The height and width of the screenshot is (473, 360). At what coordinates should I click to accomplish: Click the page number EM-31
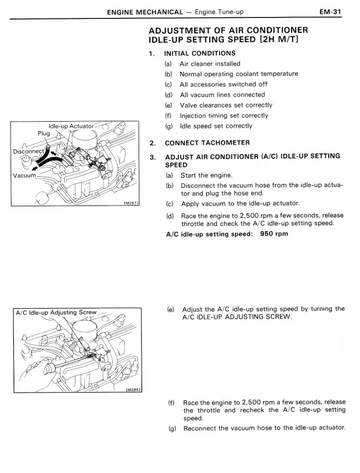pos(330,12)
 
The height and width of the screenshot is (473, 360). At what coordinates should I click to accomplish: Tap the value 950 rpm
pos(274,234)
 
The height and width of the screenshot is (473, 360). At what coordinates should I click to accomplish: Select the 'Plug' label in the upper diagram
pos(44,133)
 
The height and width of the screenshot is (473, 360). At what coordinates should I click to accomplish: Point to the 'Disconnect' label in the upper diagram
pos(28,151)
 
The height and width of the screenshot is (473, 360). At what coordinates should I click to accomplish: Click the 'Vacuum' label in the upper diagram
pos(24,175)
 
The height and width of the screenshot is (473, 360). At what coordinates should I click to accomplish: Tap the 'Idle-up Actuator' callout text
pos(71,126)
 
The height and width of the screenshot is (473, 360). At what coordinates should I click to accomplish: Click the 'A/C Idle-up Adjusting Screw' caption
pos(56,313)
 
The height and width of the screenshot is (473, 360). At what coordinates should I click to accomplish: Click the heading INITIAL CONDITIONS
pos(200,53)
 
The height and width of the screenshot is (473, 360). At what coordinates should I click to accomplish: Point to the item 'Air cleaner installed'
pos(210,64)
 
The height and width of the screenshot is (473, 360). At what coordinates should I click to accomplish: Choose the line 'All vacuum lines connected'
pos(222,95)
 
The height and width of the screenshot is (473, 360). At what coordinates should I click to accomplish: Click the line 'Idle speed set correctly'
pos(216,126)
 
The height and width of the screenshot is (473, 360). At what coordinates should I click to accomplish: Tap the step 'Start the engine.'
pos(206,175)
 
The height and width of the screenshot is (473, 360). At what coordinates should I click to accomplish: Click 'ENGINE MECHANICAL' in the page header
pos(145,12)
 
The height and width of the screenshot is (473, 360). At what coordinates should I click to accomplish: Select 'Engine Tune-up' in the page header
pos(219,12)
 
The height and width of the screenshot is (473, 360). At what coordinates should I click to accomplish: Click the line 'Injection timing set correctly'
pos(224,116)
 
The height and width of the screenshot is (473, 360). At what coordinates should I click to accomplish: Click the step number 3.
pos(152,157)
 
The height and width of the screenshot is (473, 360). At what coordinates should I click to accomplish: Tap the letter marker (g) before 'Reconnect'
pos(172,428)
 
